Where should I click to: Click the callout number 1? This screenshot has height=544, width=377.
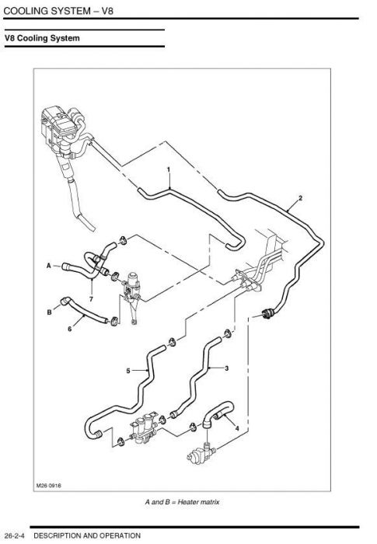tap(169, 169)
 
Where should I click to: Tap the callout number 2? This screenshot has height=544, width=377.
tap(301, 198)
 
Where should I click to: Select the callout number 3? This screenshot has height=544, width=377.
tap(227, 368)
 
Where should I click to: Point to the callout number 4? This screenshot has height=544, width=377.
tap(237, 428)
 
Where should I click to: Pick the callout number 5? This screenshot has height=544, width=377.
tap(128, 371)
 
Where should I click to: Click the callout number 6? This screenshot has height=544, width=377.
tap(70, 329)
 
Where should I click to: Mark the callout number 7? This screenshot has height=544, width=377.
tap(91, 298)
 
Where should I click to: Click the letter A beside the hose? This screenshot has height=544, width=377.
tap(49, 266)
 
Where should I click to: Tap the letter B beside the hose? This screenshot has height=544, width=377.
tap(49, 312)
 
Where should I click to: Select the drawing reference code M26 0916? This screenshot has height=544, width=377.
tap(49, 486)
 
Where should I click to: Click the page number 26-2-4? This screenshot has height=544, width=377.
tap(15, 535)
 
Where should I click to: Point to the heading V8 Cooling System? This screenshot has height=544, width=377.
tap(42, 38)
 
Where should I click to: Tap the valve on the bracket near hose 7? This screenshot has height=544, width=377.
tap(131, 288)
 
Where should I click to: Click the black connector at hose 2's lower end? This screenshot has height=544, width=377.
tap(267, 313)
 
